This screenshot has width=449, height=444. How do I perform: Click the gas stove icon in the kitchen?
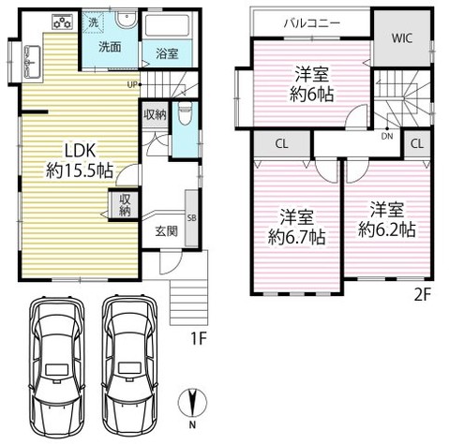tap(63, 22)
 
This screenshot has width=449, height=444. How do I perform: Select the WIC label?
tap(402, 38)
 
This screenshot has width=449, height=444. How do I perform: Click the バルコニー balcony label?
tap(312, 23)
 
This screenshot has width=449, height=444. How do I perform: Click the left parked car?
tap(57, 368)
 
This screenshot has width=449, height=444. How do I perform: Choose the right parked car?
tap(130, 368)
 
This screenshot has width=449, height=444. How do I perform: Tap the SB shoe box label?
tap(191, 217)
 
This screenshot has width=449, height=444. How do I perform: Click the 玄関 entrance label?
tap(167, 231)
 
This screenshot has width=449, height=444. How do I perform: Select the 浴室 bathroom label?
tap(167, 53)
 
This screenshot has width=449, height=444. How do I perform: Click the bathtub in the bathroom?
tap(167, 25)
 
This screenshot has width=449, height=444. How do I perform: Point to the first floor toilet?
tap(185, 114)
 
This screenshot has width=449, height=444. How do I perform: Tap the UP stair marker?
tap(132, 84)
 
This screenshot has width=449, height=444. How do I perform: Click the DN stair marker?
tap(387, 136)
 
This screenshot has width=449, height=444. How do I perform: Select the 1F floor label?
tap(199, 338)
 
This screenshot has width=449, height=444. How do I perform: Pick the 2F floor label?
tap(423, 295)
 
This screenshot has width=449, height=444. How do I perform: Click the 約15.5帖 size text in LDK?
tap(80, 170)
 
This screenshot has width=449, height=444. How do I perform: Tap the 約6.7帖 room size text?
tap(297, 237)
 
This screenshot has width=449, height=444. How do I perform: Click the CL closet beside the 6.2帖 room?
tap(417, 143)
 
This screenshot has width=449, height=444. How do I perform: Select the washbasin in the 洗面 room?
tap(126, 20)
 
